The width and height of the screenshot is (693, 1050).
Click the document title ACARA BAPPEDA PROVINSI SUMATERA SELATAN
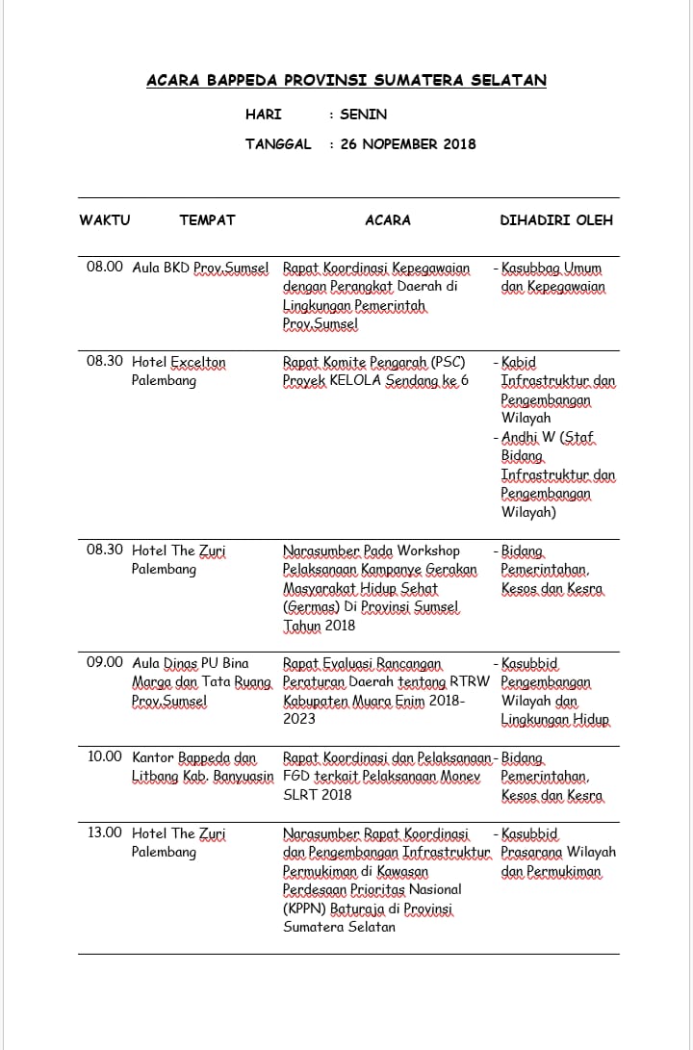point(346,81)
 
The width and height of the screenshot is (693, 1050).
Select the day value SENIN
point(363,115)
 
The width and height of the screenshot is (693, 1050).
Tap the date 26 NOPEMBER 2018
point(407,144)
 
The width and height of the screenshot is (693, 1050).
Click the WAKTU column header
point(104,220)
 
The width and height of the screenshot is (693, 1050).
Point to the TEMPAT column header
point(207,220)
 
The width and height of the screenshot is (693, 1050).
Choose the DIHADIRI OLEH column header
point(556,220)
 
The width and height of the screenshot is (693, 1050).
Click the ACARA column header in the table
point(388,220)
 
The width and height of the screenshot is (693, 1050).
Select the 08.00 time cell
point(105,268)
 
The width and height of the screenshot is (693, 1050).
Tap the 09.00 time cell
point(105,663)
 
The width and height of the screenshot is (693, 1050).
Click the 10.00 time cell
point(105,757)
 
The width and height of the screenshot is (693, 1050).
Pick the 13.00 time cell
point(105,833)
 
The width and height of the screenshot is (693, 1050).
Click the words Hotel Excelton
point(179,363)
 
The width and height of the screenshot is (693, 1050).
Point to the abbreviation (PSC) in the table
point(448,363)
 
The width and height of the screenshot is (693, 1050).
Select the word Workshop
point(428,551)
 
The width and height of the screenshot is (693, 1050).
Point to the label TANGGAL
point(278,144)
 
